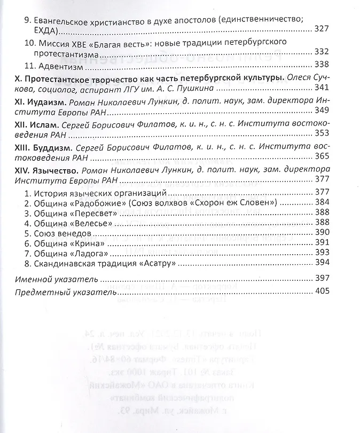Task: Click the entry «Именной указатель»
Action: (x=56, y=279)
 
